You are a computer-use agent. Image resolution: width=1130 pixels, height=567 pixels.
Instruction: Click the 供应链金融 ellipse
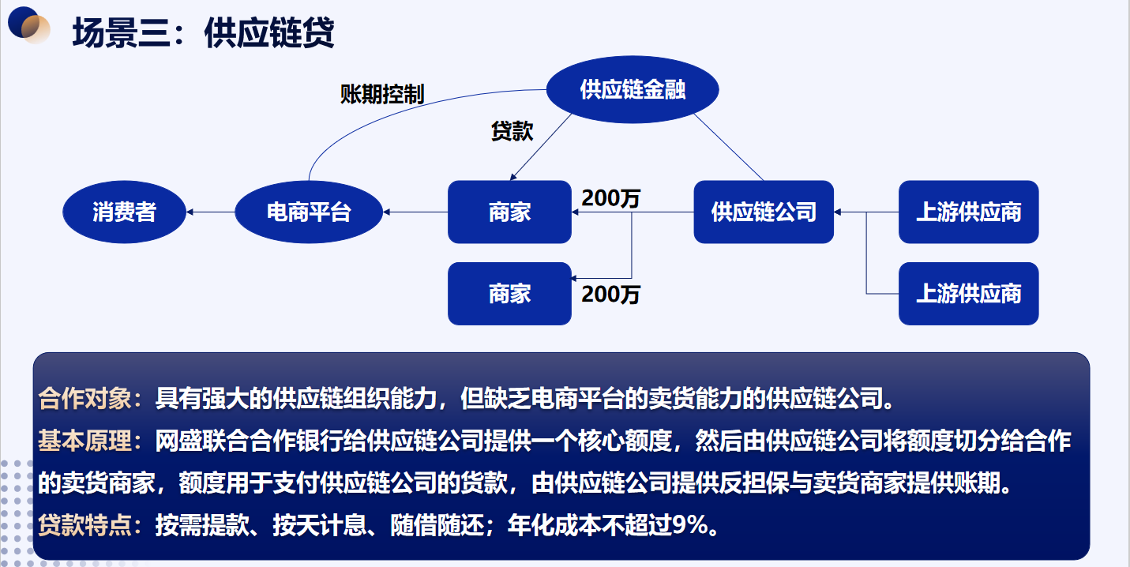(x=633, y=89)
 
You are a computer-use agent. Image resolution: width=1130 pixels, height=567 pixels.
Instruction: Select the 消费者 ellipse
(x=124, y=212)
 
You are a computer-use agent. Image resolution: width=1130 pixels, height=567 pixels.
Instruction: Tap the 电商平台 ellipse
(x=309, y=212)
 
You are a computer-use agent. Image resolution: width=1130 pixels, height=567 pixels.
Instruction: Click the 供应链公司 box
(x=764, y=212)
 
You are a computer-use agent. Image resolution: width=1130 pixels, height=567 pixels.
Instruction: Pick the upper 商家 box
(x=509, y=212)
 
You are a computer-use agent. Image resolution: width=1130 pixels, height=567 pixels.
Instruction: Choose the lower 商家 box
(x=509, y=294)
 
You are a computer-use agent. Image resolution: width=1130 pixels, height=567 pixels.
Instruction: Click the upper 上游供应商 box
(x=969, y=212)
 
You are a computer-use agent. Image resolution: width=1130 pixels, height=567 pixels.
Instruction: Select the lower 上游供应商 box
(x=969, y=294)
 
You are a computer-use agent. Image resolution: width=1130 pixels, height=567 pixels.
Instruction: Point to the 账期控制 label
(x=382, y=94)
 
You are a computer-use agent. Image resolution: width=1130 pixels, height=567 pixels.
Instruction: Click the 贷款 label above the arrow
(x=512, y=131)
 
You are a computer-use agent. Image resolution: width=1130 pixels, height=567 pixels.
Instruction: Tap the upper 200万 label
(x=611, y=198)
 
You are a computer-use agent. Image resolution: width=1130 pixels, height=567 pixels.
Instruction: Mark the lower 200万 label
(x=611, y=295)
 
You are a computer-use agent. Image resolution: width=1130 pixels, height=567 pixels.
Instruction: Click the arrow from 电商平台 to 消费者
(x=211, y=212)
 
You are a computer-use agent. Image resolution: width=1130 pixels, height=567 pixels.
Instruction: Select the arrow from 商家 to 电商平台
(x=415, y=212)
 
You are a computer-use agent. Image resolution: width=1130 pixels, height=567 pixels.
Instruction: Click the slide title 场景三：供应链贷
(x=203, y=33)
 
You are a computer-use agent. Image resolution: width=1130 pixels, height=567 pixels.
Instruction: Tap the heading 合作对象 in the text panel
(x=84, y=399)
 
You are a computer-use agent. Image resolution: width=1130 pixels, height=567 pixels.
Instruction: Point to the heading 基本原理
(x=84, y=441)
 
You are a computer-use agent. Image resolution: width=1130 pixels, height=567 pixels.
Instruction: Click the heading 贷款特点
(x=84, y=525)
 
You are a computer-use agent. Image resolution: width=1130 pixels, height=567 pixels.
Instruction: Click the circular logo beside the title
(x=28, y=25)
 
